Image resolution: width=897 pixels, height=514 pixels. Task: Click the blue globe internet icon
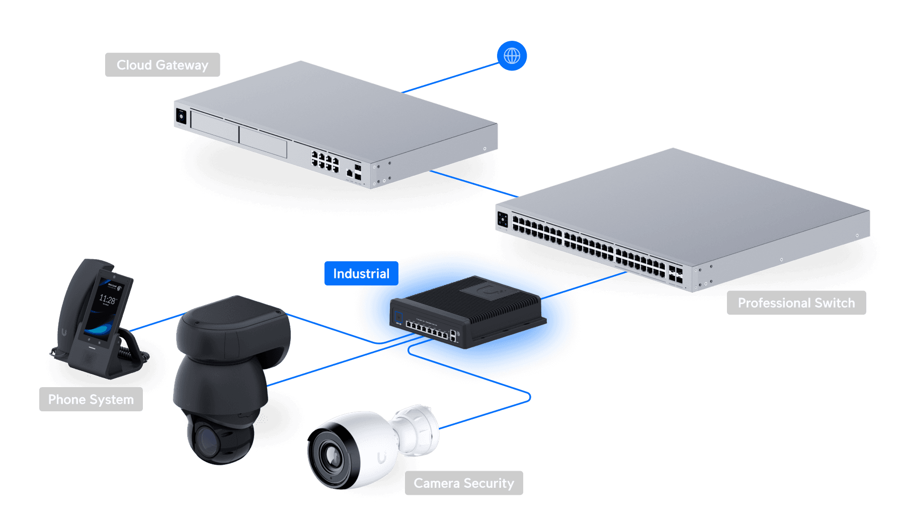(x=512, y=56)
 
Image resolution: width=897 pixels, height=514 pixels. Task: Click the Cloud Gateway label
(x=162, y=65)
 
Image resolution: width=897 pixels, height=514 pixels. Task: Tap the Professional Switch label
(x=796, y=303)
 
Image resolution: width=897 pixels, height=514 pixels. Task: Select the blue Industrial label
(x=361, y=273)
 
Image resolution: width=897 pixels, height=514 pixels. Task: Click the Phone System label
(x=91, y=399)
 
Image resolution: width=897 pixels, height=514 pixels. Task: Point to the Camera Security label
(x=463, y=483)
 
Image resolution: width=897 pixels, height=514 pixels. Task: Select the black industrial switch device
(x=468, y=312)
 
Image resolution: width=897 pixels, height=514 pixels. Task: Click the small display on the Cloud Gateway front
(x=181, y=117)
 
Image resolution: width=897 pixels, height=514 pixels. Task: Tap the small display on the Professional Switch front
(x=503, y=219)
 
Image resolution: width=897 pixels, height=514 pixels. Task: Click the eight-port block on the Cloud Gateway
(x=325, y=161)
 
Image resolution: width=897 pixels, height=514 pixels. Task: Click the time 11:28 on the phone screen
(x=107, y=299)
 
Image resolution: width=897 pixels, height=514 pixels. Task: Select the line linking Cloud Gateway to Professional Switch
(x=473, y=184)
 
